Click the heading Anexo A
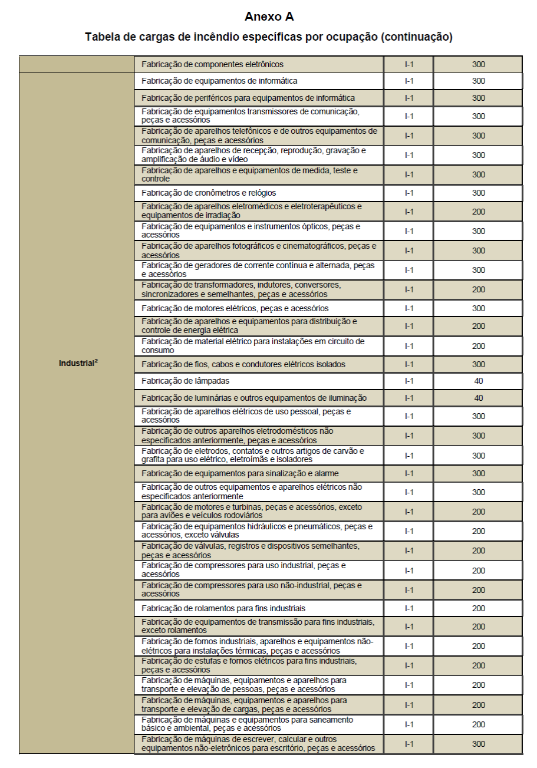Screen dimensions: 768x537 tap(268, 17)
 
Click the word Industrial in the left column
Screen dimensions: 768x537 tap(76, 364)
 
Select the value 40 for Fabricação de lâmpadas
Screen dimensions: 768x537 tap(478, 381)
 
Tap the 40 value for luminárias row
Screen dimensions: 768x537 tap(478, 398)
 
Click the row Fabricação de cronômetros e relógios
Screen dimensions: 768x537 tap(209, 193)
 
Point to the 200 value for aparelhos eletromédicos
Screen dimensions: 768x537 tap(478, 212)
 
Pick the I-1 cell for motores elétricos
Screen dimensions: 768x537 tap(409, 308)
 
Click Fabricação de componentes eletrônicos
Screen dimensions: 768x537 tap(213, 64)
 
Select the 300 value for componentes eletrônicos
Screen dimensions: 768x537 tap(478, 64)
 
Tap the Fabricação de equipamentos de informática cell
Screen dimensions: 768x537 tap(219, 81)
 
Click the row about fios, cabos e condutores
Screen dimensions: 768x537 tap(243, 364)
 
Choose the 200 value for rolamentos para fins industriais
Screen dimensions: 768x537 tap(478, 608)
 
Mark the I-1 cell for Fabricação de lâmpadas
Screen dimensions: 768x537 tap(409, 381)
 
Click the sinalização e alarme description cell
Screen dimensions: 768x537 tap(240, 473)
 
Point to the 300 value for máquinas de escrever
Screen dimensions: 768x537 tap(478, 744)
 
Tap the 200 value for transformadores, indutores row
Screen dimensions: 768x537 tap(478, 289)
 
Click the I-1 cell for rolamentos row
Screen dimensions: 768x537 tap(409, 608)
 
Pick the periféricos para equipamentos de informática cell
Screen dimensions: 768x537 tap(248, 98)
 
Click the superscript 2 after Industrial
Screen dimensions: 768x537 tap(96, 361)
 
